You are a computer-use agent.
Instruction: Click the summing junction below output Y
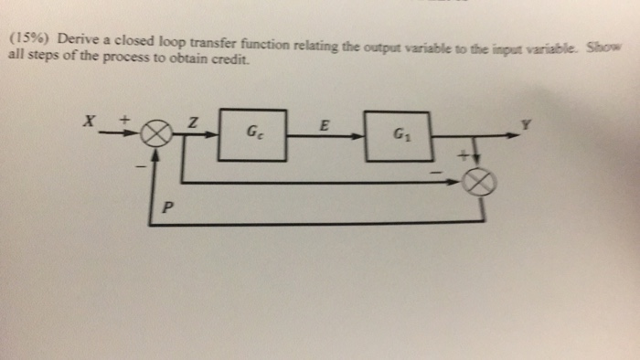(481, 183)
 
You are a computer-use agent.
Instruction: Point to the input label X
(90, 122)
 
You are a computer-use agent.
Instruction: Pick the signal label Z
(192, 122)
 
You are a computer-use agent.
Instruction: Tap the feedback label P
(167, 206)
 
